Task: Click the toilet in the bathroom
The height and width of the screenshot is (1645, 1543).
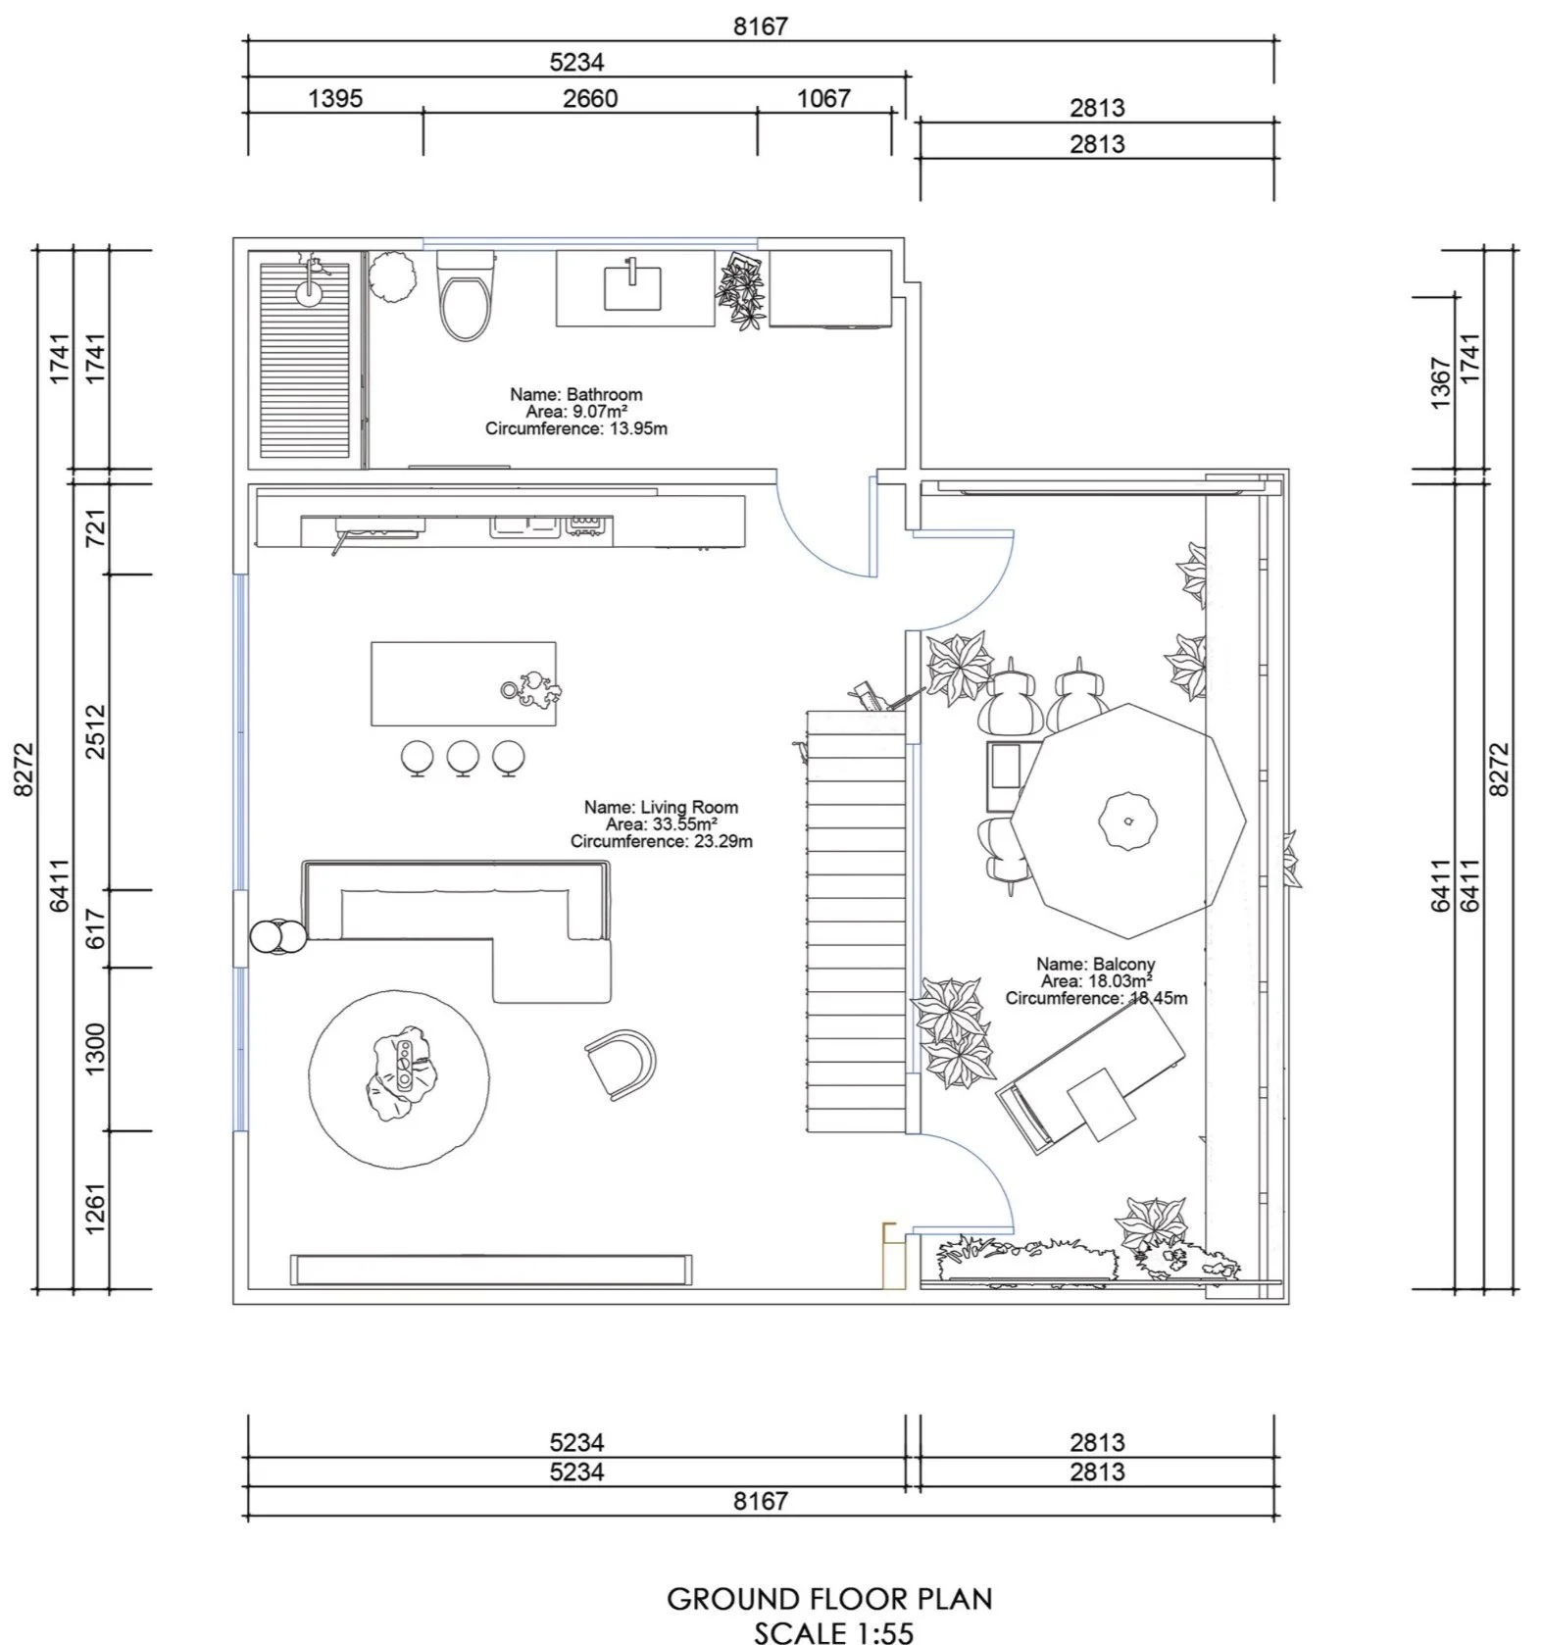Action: click(x=465, y=299)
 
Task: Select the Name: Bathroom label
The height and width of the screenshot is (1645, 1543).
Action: click(x=575, y=394)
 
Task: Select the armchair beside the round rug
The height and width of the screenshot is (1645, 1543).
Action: click(x=621, y=1064)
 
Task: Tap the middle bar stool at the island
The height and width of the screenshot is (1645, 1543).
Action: click(x=463, y=757)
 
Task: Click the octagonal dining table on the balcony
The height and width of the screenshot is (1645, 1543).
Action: click(x=1127, y=820)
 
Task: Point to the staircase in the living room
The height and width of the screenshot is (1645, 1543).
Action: click(x=855, y=922)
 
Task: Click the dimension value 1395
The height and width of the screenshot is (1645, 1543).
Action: click(x=335, y=98)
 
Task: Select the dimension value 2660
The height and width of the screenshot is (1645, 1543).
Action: click(x=590, y=98)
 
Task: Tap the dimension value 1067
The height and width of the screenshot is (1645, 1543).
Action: click(x=823, y=98)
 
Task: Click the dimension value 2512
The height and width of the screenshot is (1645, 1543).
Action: click(x=95, y=731)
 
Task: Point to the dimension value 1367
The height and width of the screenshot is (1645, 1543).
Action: click(x=1440, y=382)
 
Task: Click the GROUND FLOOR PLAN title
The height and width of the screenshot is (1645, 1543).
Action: click(x=829, y=1599)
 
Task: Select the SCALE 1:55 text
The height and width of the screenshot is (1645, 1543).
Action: click(x=833, y=1632)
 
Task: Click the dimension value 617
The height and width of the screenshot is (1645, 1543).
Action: click(x=95, y=928)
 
